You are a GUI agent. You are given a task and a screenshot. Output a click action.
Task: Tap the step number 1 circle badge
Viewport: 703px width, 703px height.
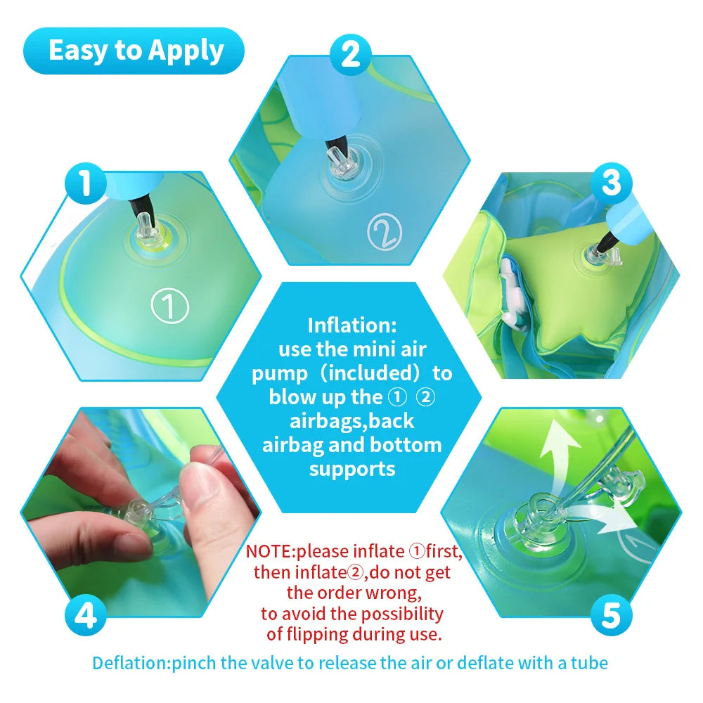[x=84, y=184]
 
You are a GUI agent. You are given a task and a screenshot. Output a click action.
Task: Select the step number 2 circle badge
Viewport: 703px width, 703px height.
[x=350, y=53]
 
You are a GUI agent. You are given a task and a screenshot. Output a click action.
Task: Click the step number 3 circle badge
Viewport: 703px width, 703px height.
[x=611, y=184]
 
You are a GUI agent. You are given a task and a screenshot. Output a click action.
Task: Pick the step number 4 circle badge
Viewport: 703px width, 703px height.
[x=85, y=617]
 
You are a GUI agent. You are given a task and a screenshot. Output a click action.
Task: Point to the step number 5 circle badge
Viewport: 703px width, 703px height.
[x=610, y=617]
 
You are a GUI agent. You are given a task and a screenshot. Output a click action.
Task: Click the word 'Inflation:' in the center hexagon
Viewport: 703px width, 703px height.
[x=351, y=325]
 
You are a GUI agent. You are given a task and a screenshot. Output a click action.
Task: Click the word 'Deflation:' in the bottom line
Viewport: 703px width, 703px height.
[x=131, y=662]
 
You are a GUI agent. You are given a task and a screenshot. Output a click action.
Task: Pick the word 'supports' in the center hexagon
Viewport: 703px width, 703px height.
[x=351, y=468]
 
